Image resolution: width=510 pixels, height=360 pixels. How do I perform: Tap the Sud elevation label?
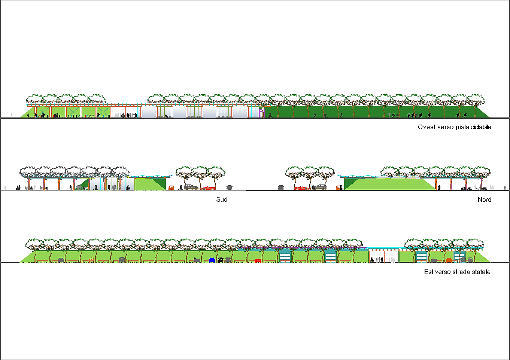click(x=222, y=199)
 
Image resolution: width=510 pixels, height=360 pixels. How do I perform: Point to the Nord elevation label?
click(x=484, y=199)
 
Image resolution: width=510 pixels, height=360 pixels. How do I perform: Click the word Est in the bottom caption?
click(x=428, y=272)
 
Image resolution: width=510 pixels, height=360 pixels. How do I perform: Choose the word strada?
click(x=460, y=272)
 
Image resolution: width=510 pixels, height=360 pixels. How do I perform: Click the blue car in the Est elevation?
click(x=212, y=260)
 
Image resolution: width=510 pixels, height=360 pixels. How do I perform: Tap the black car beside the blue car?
click(x=221, y=260)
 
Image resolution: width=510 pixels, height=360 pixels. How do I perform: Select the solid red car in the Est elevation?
click(x=258, y=260)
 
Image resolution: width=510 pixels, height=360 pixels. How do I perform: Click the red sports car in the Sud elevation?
click(x=209, y=188)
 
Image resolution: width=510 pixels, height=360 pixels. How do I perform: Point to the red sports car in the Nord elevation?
click(x=301, y=188)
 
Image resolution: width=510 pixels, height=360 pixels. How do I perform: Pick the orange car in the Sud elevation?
click(x=171, y=188)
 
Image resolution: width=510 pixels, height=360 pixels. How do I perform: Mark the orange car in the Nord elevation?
click(x=339, y=188)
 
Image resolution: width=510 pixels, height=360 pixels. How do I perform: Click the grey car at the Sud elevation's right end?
click(x=229, y=187)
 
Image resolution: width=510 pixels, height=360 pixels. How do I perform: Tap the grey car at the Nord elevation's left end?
click(x=280, y=187)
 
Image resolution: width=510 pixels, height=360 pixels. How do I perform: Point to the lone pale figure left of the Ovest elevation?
click(x=12, y=115)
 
